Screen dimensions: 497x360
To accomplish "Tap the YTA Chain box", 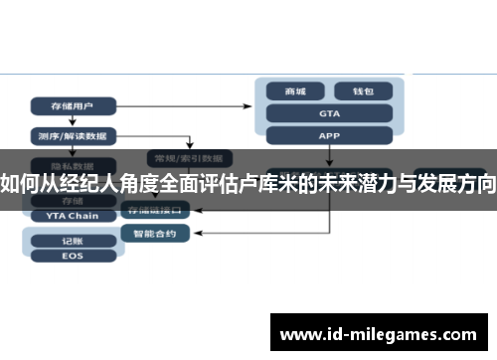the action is (x=73, y=215).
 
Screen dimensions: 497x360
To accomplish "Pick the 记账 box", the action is (x=72, y=240).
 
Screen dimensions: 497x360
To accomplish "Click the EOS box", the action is (x=72, y=257).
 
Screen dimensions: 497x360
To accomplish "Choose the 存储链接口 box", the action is (x=155, y=211).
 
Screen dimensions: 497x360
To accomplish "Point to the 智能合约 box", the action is (x=155, y=234).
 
